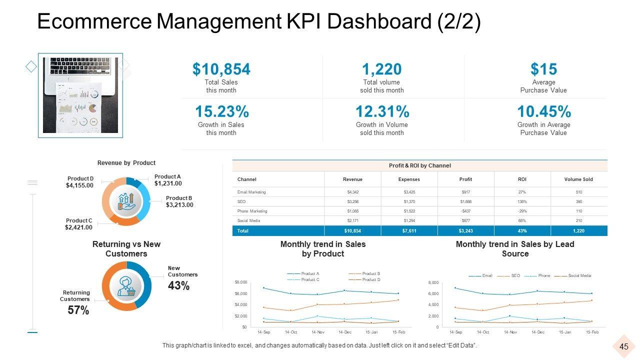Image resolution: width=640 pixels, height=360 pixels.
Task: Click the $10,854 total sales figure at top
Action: pyautogui.click(x=221, y=69)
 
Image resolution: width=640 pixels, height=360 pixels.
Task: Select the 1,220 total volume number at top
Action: pyautogui.click(x=381, y=69)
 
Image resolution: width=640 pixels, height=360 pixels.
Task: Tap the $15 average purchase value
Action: pyautogui.click(x=543, y=69)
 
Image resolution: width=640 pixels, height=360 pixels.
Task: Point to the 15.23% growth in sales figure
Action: pyautogui.click(x=221, y=111)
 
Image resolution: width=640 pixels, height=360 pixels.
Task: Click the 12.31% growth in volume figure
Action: pyautogui.click(x=382, y=111)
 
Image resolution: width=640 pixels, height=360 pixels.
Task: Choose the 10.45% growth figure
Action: pyautogui.click(x=543, y=111)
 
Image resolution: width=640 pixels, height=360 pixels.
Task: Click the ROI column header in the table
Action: pyautogui.click(x=522, y=179)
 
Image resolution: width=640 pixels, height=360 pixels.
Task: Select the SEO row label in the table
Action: pyautogui.click(x=241, y=201)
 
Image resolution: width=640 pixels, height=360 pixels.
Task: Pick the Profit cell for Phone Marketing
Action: pyautogui.click(x=465, y=211)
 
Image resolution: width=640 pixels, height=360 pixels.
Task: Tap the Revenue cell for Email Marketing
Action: pyautogui.click(x=352, y=192)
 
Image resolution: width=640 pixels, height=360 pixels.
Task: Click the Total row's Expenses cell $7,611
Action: pyautogui.click(x=409, y=231)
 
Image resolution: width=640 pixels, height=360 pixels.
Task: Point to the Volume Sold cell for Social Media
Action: pyautogui.click(x=578, y=220)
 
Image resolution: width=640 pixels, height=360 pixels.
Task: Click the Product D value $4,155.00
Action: pyautogui.click(x=79, y=185)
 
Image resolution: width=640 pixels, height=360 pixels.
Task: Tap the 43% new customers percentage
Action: pyautogui.click(x=178, y=286)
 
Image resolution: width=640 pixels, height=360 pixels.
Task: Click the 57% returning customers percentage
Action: pyautogui.click(x=78, y=310)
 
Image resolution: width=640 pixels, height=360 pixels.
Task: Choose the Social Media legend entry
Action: pyautogui.click(x=579, y=276)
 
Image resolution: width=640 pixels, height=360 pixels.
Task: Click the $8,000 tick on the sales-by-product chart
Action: pyautogui.click(x=240, y=282)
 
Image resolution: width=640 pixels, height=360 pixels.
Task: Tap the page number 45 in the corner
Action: pyautogui.click(x=624, y=347)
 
